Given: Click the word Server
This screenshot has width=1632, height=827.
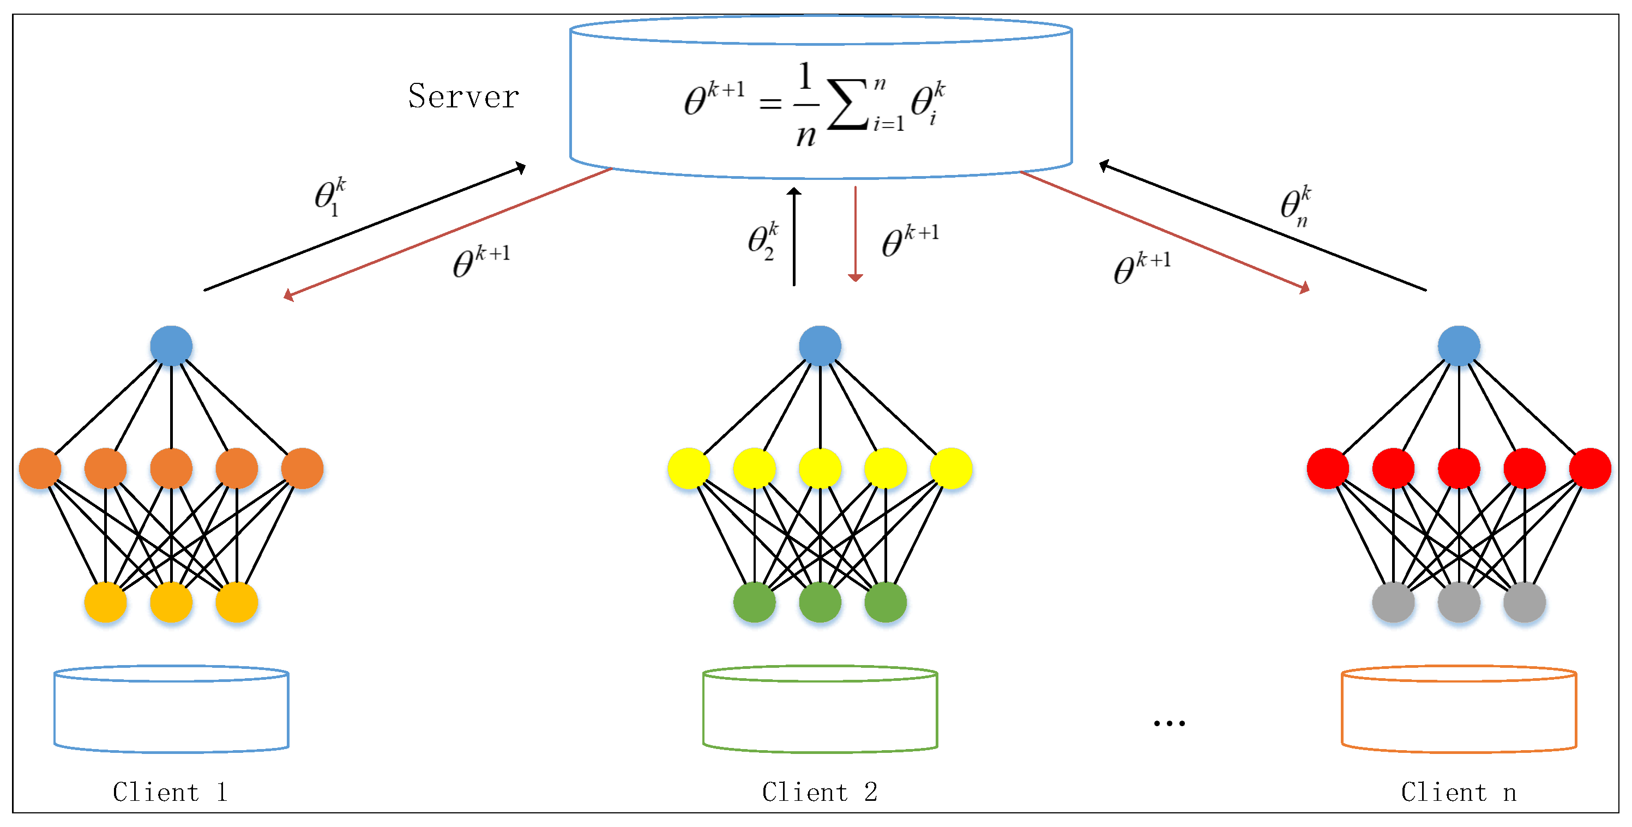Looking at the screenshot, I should tap(463, 97).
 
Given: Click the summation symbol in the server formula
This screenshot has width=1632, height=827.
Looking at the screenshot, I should tap(848, 105).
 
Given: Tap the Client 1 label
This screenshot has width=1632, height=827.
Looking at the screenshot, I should tap(170, 792).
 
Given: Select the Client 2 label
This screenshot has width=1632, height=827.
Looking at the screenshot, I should tap(819, 792).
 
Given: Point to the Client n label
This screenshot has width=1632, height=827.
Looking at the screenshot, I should tap(1459, 792).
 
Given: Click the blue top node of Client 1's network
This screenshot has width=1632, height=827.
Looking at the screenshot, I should tap(171, 346).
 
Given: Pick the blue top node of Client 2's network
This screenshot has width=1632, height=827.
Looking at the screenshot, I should tap(820, 346).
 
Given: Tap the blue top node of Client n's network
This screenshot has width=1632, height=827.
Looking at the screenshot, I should tap(1459, 346).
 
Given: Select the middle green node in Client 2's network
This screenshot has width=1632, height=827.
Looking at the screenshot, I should tap(820, 601).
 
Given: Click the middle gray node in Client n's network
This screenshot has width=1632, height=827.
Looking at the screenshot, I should tap(1459, 601).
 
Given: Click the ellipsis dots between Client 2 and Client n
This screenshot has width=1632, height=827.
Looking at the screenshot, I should tap(1169, 722).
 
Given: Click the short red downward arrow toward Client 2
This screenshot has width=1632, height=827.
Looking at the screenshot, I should tap(856, 234).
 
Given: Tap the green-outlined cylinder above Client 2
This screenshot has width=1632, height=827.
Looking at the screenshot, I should tap(820, 709).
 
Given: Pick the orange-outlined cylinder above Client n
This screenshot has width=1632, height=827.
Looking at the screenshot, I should tap(1459, 709).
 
